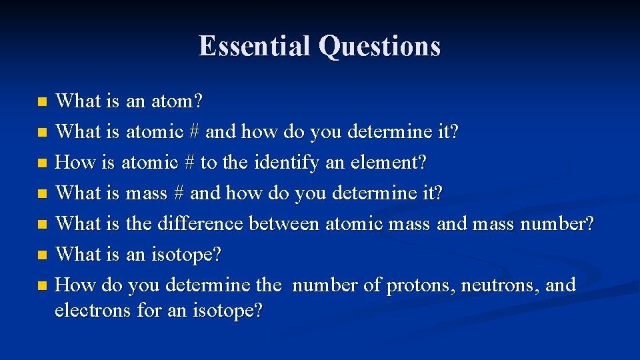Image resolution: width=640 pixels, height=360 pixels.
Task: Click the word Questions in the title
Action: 379,47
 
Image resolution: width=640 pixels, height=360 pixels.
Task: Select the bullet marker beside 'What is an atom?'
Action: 42,103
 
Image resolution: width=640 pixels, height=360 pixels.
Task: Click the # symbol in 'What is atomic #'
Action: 194,132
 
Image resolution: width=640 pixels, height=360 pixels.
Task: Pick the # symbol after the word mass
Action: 178,193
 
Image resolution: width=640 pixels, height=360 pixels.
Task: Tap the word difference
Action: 200,223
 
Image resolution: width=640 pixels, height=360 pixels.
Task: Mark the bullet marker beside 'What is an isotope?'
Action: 42,255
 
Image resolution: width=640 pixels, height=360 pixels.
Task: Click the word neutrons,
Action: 502,285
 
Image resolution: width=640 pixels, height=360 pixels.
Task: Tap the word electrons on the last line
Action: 93,310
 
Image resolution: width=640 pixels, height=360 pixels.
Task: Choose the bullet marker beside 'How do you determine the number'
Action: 42,286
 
